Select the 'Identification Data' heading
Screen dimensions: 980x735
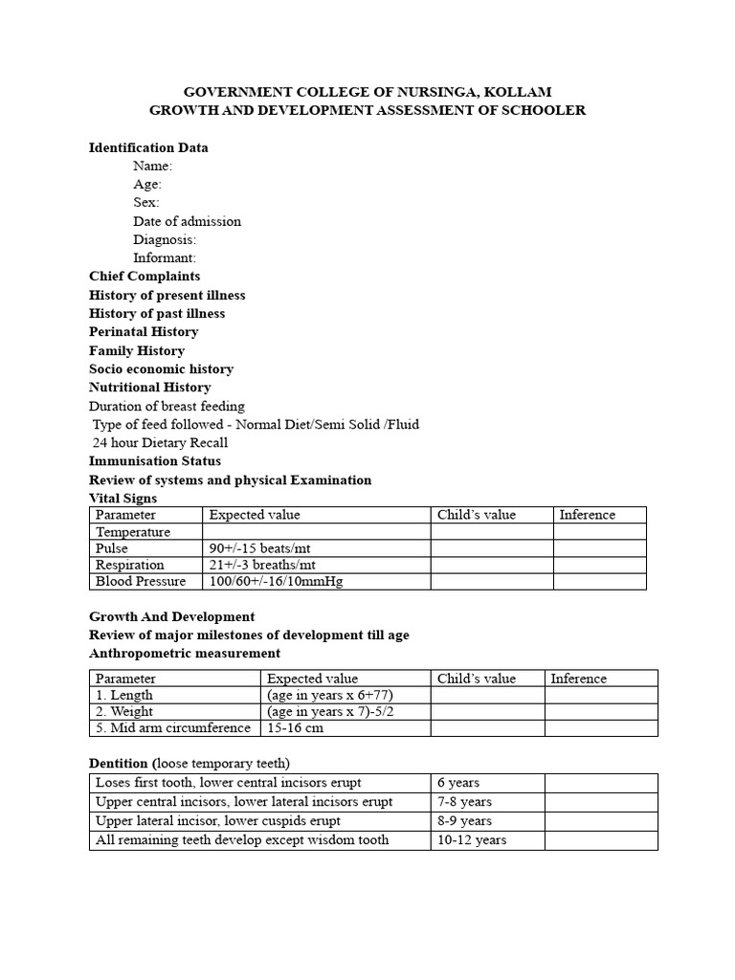coord(148,147)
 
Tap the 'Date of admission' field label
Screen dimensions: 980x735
coord(187,221)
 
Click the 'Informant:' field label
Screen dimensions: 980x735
coord(165,257)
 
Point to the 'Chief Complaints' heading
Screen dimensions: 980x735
coord(145,277)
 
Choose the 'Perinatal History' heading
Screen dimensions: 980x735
coord(144,332)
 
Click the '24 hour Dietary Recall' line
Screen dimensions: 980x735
coord(160,442)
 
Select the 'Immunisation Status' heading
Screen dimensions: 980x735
coord(155,461)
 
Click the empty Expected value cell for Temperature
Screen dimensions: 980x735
coord(316,532)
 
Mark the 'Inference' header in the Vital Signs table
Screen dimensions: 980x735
coord(588,515)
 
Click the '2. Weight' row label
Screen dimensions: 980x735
coord(124,711)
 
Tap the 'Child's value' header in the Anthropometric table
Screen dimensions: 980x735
coord(476,679)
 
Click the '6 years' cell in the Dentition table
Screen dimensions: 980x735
coord(458,783)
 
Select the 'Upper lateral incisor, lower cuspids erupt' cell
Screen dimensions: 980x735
coord(218,821)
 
